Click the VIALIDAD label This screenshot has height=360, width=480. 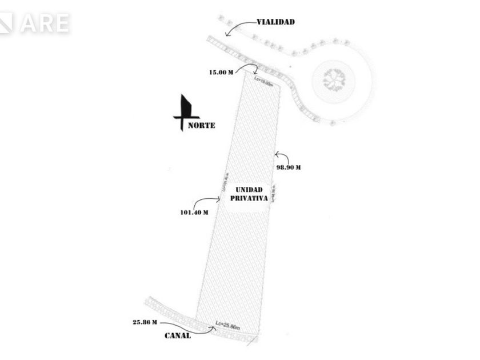tap(275, 22)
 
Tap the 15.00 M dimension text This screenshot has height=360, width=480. tap(221, 73)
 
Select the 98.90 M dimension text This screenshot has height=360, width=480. tap(289, 167)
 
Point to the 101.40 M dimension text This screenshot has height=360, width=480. tap(194, 212)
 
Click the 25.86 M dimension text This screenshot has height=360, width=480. tap(145, 322)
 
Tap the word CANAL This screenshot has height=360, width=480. tap(178, 335)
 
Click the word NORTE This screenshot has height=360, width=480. tap(202, 125)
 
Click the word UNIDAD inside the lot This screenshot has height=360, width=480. tap(249, 189)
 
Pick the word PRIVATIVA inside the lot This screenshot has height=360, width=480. tap(249, 198)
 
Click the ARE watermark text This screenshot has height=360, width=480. tap(45, 23)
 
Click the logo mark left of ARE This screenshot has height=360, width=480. tap(6, 23)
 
